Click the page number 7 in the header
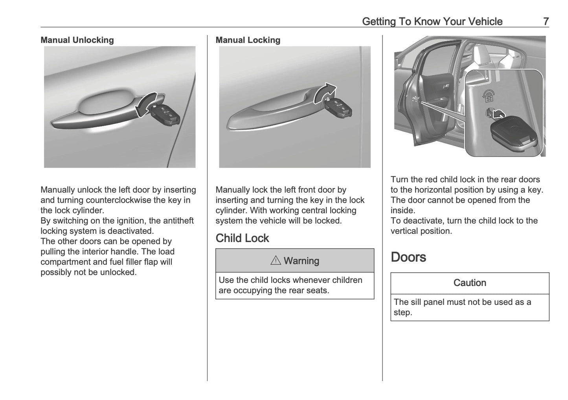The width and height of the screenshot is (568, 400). click(546, 21)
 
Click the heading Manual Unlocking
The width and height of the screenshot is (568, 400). click(77, 40)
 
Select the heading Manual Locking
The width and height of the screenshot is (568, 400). click(248, 40)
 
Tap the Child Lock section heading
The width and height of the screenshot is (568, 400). click(242, 238)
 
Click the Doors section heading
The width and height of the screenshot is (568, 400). click(408, 257)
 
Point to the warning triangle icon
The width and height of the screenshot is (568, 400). click(276, 261)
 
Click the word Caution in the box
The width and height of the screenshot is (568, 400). click(470, 283)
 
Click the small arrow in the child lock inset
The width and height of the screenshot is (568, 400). click(498, 114)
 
